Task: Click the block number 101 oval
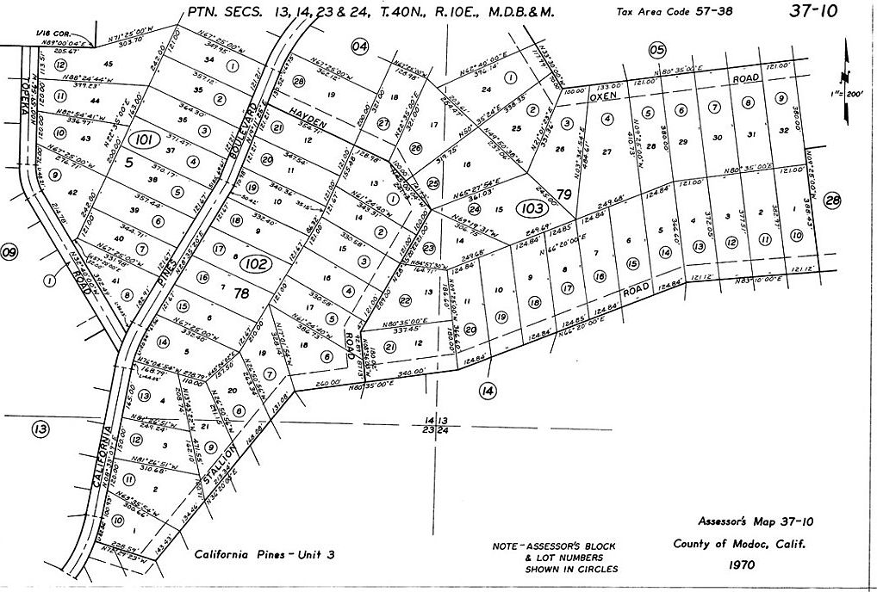[x=146, y=139]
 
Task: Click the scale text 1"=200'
[x=848, y=93]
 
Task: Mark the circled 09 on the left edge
[x=9, y=252]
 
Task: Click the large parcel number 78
[x=242, y=293]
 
